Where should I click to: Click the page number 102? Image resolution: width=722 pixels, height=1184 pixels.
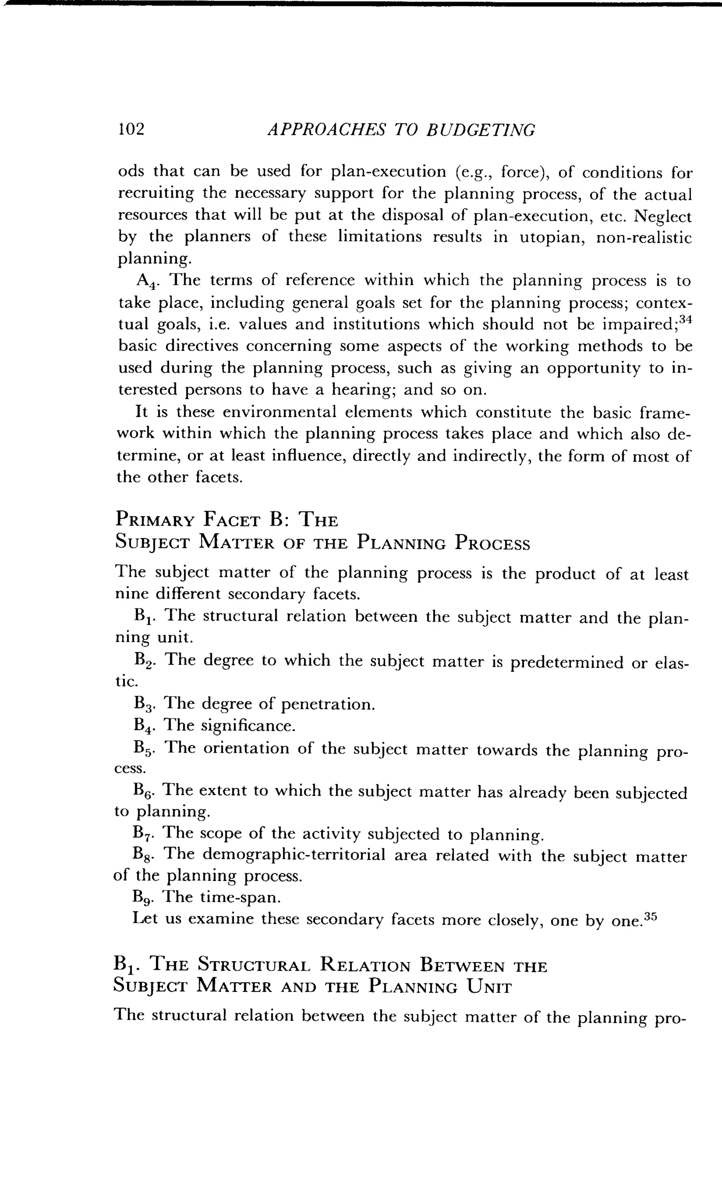tap(131, 129)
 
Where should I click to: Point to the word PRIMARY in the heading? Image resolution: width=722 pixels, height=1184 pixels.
tap(155, 520)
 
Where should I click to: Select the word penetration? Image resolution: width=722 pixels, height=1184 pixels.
tap(328, 704)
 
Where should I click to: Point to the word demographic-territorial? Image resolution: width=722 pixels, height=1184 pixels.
tap(294, 855)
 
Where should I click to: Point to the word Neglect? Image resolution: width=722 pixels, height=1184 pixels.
tap(663, 216)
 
